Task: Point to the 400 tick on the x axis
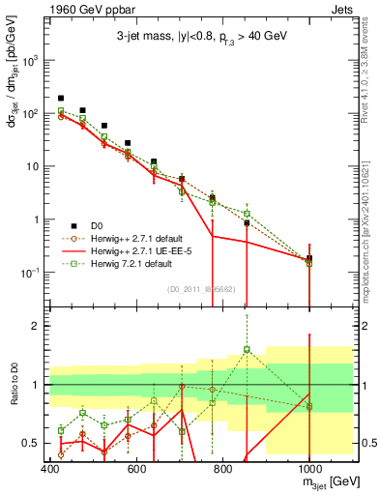(x=50, y=468)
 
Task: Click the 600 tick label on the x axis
(x=136, y=468)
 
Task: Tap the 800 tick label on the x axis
(x=222, y=468)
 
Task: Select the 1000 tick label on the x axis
(x=307, y=468)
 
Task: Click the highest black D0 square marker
(x=61, y=99)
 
